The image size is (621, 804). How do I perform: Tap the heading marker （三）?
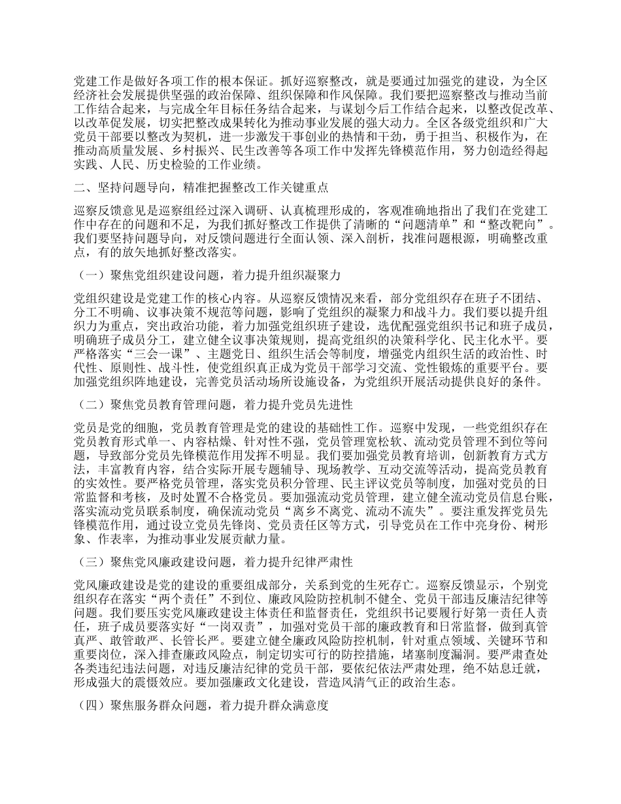[90, 561]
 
